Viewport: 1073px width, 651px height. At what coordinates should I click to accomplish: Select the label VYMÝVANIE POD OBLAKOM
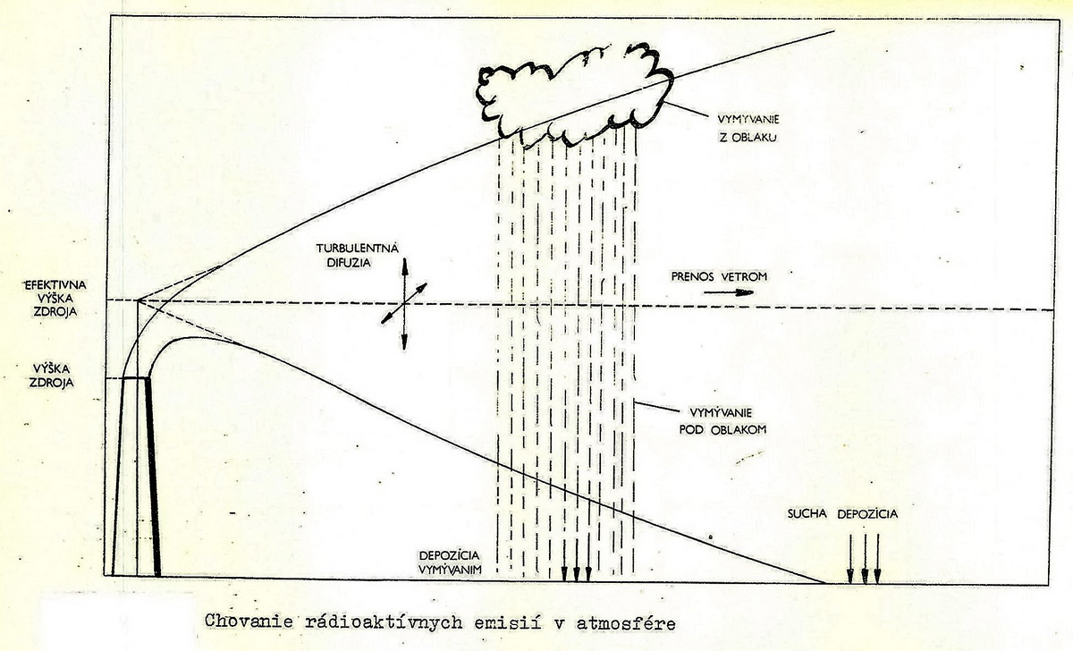tap(720, 421)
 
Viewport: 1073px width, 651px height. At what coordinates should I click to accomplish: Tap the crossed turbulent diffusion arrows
tap(404, 304)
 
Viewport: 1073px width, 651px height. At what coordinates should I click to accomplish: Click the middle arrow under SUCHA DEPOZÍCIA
tap(865, 559)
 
